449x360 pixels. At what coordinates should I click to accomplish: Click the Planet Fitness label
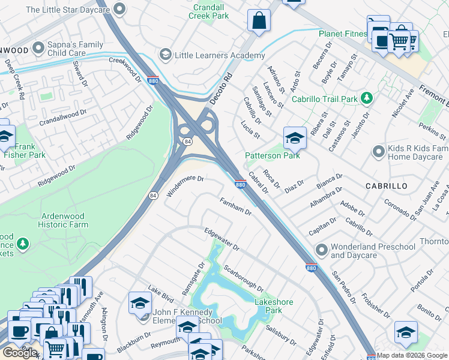pos(342,34)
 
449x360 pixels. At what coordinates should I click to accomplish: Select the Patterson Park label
pos(272,156)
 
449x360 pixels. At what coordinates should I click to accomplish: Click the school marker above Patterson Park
pos(295,139)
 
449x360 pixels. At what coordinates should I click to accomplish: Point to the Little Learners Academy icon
pos(164,55)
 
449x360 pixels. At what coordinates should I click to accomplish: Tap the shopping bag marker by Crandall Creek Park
pos(259,20)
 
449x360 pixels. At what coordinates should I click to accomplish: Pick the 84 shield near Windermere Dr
pos(153,196)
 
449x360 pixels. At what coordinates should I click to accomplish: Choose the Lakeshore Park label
pos(273,306)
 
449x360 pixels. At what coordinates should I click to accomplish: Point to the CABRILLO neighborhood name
pos(387,187)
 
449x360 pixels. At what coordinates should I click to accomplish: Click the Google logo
pos(20,353)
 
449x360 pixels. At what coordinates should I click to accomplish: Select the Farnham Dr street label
pos(235,206)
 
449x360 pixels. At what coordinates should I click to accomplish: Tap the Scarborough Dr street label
pos(243,279)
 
